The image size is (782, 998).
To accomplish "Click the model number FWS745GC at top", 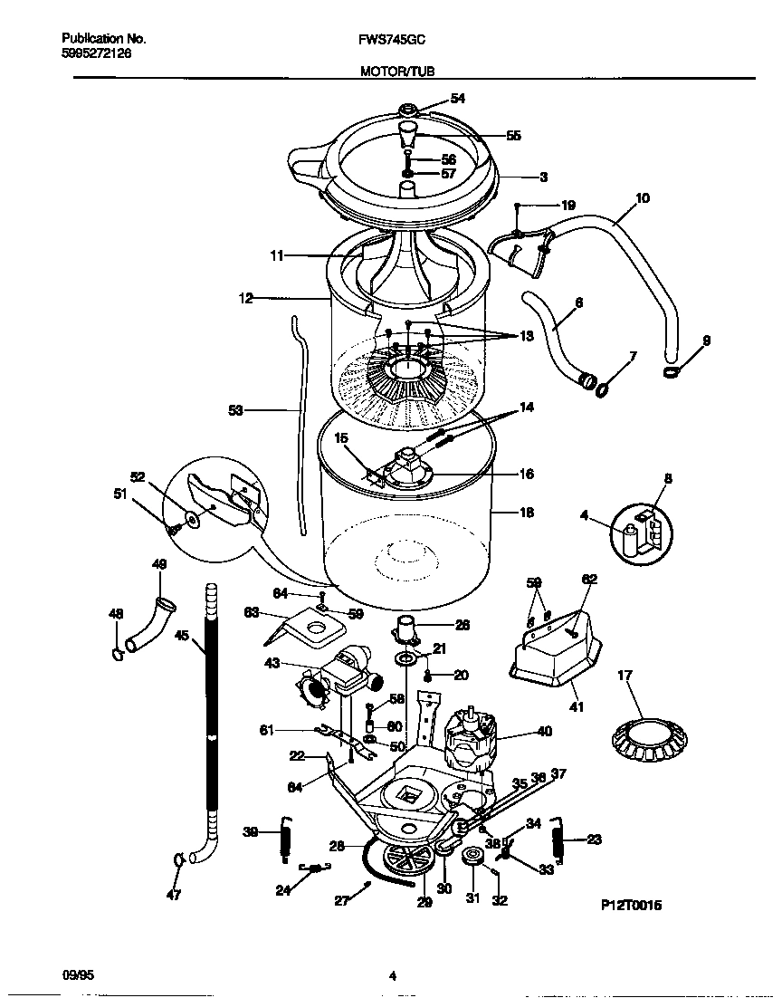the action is (393, 40).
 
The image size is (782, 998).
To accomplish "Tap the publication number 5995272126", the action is (96, 53).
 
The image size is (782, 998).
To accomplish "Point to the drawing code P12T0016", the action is (631, 905).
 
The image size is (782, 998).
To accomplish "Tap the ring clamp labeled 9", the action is (671, 372).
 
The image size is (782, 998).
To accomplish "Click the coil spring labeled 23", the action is (560, 842).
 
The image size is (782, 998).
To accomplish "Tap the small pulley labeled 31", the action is (472, 858).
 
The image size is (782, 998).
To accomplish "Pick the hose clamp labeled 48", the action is (118, 650).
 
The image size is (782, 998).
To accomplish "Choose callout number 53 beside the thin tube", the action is (236, 410).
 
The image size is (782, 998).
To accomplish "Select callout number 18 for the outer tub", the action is (527, 512).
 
